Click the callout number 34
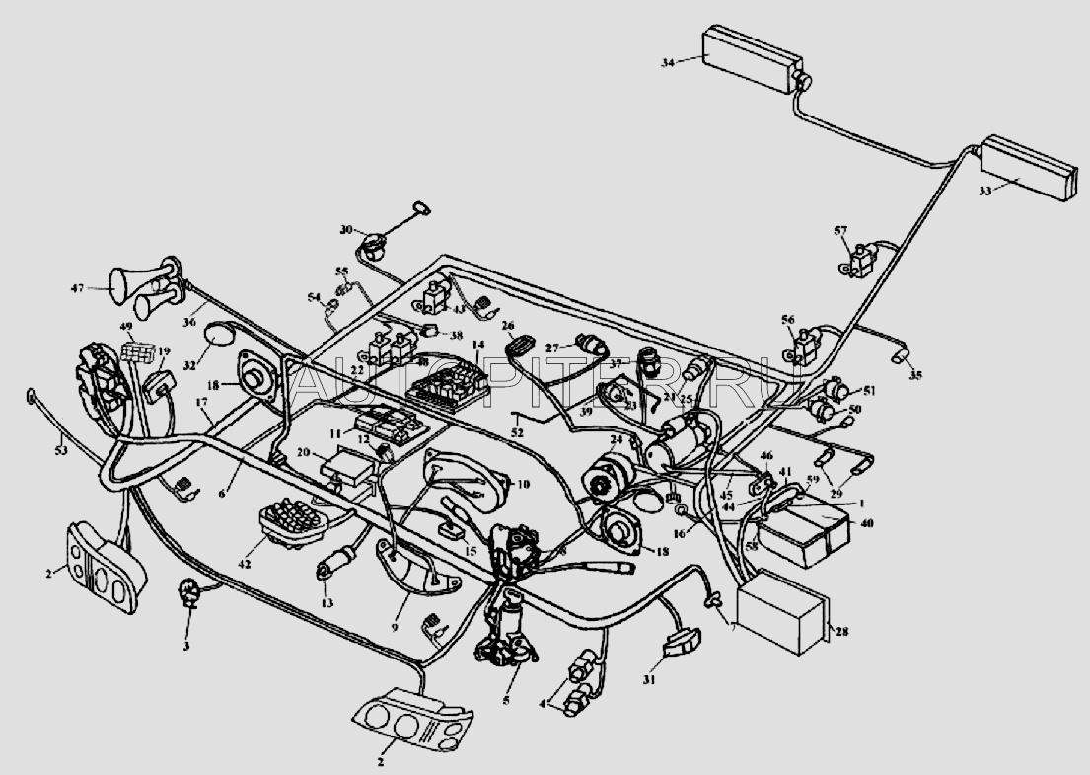pos(668,61)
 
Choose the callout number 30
pos(345,229)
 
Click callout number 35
pos(916,376)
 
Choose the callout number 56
pos(787,319)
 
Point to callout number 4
pos(541,704)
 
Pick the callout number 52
pos(517,432)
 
